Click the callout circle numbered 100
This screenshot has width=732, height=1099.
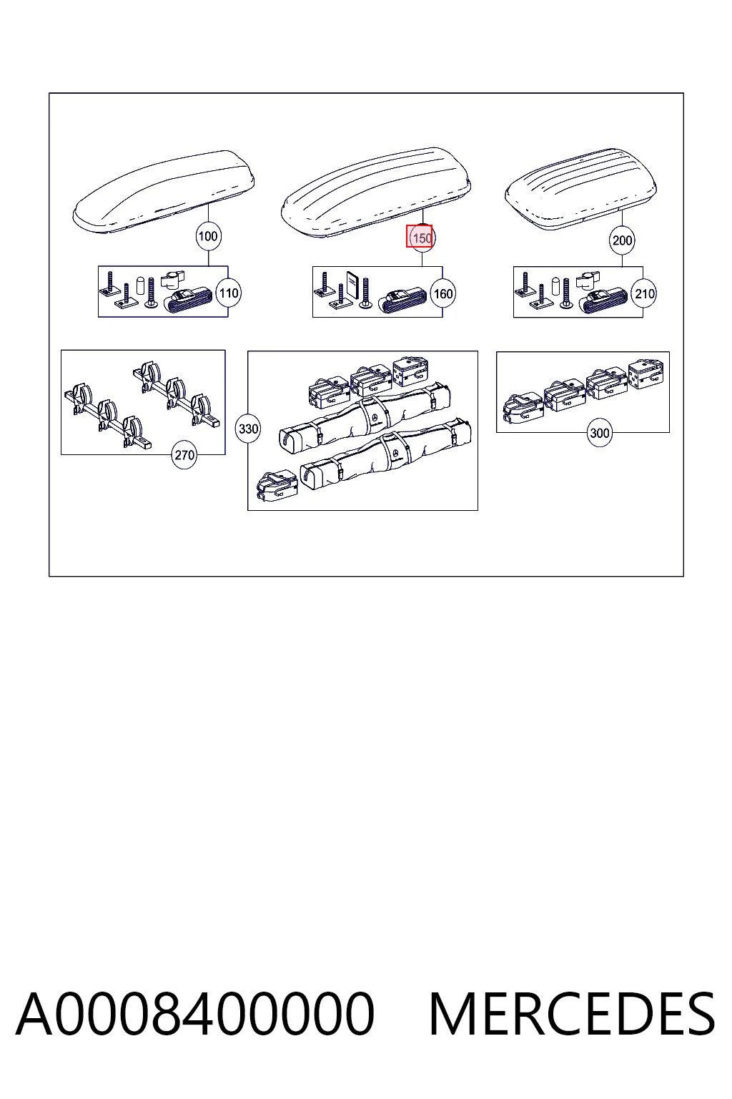tap(208, 236)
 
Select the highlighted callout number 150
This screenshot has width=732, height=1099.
tap(422, 238)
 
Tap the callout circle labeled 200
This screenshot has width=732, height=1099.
tap(622, 240)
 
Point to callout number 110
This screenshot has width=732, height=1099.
tap(229, 293)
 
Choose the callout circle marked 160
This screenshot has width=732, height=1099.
tap(442, 294)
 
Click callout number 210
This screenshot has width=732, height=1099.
tap(644, 294)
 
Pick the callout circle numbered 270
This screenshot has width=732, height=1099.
tap(184, 455)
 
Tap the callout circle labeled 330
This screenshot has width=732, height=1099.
tap(248, 429)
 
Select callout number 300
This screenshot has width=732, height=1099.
tap(599, 433)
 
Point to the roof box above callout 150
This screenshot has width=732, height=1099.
tap(376, 192)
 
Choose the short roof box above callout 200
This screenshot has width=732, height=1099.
tap(581, 189)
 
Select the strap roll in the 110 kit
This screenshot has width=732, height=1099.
tap(188, 300)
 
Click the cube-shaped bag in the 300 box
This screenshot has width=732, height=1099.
tap(646, 374)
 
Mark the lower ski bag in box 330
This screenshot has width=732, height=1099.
tap(386, 454)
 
